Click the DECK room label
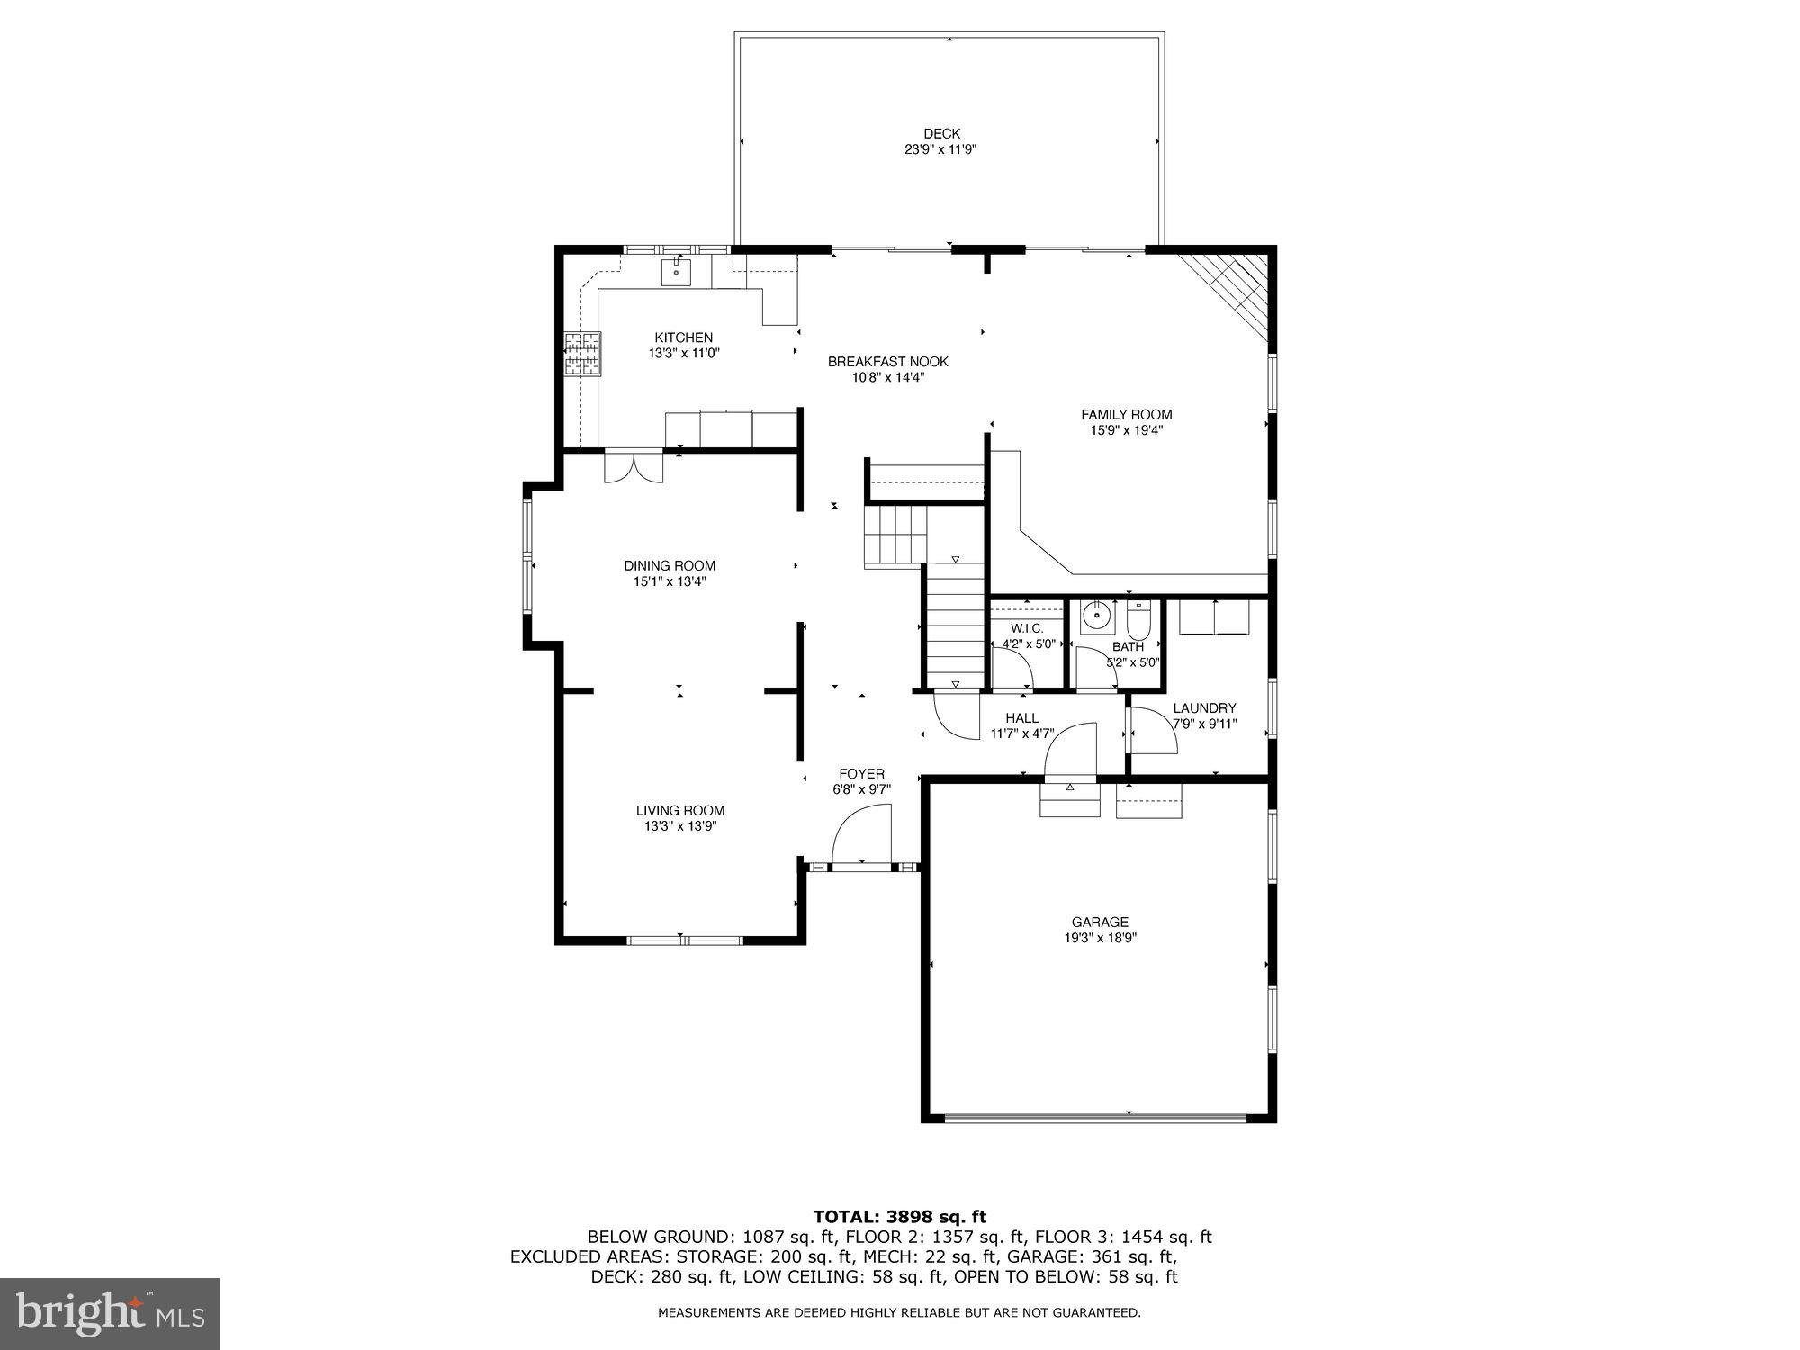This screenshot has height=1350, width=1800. [x=941, y=134]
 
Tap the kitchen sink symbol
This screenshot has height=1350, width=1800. [x=676, y=270]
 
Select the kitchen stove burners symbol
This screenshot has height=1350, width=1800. [x=582, y=354]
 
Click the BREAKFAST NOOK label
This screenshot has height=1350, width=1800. [x=887, y=362]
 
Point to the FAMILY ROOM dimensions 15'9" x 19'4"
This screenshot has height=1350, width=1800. [x=1127, y=430]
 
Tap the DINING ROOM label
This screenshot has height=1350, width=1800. [x=670, y=566]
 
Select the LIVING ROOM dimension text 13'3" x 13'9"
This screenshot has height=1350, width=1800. [x=679, y=826]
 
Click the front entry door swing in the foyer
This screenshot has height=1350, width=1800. [x=861, y=835]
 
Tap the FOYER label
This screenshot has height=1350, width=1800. [x=861, y=774]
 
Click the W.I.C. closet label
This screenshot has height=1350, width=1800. [x=1027, y=628]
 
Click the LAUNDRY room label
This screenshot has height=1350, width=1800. [x=1204, y=708]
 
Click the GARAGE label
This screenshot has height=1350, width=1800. [x=1100, y=922]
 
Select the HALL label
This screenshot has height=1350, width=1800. [x=1021, y=718]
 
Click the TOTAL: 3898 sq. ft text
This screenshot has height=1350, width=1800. [x=899, y=1217]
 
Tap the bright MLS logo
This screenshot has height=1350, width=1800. [x=109, y=1313]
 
